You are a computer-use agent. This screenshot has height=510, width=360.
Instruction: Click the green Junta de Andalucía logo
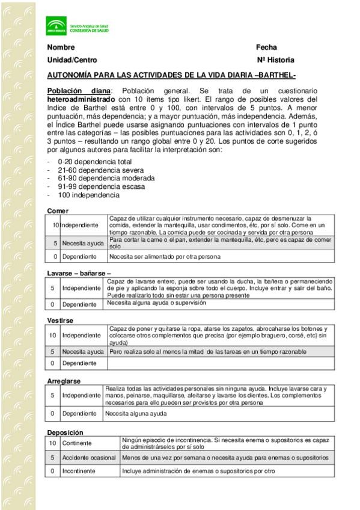pos(55,26)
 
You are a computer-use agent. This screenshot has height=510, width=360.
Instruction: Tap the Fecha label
pos(266,48)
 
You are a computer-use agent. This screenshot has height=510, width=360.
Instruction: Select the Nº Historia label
pos(275,60)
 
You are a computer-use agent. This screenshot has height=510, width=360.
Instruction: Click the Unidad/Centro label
pos(72,60)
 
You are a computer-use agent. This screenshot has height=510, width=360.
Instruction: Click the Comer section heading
pos(58,210)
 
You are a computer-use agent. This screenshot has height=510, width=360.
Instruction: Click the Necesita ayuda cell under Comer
pos(83,243)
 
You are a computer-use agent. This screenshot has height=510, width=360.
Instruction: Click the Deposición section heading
pos(65,432)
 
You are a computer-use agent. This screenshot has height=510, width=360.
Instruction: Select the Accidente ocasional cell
pos(89,458)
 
